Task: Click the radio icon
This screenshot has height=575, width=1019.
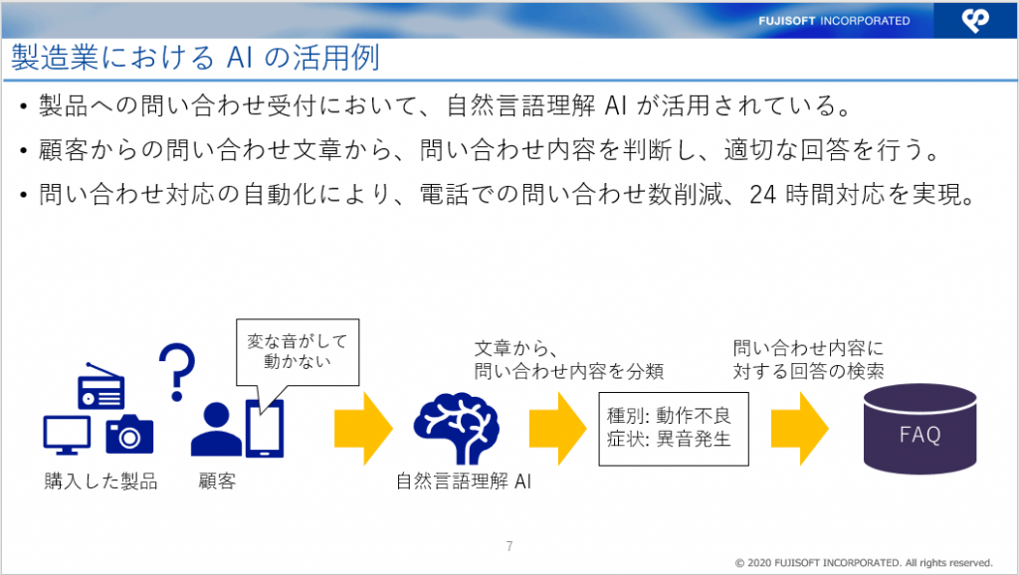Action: point(101,386)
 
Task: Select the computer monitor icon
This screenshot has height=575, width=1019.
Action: point(67,435)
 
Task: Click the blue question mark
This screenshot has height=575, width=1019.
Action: point(177,372)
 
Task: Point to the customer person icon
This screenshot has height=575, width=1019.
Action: point(216,429)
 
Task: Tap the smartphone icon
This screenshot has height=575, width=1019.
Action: point(265,428)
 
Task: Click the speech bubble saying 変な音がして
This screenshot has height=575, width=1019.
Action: point(297,352)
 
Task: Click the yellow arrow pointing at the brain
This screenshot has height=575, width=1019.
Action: point(363,428)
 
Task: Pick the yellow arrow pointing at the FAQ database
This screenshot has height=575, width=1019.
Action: point(800,428)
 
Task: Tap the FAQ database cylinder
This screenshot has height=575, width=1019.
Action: point(920,429)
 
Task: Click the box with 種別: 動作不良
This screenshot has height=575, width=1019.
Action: point(674,429)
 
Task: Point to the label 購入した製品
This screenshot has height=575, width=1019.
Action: point(101,481)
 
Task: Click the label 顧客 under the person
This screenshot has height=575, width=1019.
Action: point(217,481)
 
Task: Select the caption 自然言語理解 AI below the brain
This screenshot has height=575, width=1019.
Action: point(464,481)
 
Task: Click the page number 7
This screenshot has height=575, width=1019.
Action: point(509,546)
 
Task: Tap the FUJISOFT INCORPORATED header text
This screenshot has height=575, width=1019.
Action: point(834,21)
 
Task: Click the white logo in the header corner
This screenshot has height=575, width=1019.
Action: point(975,20)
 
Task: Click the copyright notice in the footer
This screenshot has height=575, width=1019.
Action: point(864,563)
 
